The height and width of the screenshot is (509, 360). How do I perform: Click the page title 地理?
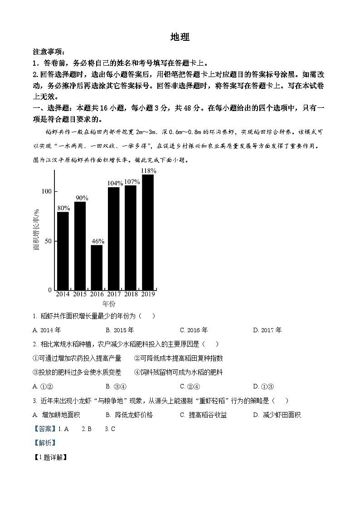pos(180,38)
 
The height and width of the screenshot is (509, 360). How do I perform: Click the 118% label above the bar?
pos(149,171)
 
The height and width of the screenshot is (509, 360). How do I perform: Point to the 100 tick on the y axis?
pos(46,191)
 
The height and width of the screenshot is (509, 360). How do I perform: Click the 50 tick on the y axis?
pos(48,241)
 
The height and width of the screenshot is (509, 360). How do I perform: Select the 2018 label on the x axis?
pos(131,294)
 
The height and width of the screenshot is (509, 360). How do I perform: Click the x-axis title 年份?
pos(109,304)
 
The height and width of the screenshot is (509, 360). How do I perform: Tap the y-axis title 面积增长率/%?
pos(36,229)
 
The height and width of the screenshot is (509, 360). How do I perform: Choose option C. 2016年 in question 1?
pos(194,330)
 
